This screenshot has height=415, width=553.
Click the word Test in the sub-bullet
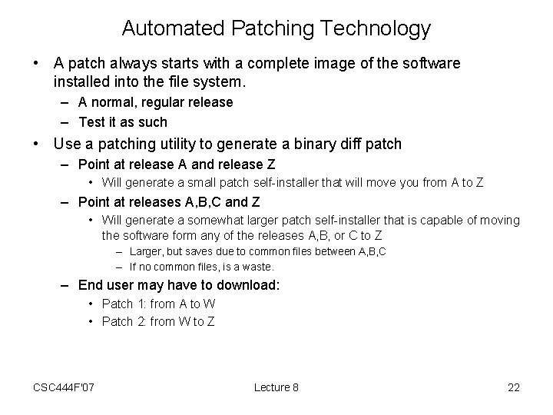coord(91,121)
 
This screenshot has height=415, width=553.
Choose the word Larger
coord(146,251)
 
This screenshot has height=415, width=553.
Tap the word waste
coord(256,267)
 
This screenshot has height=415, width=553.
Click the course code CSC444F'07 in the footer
coord(65,387)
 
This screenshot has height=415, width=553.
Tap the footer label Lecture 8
coord(276,387)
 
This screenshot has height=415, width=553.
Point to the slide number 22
coord(514,387)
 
